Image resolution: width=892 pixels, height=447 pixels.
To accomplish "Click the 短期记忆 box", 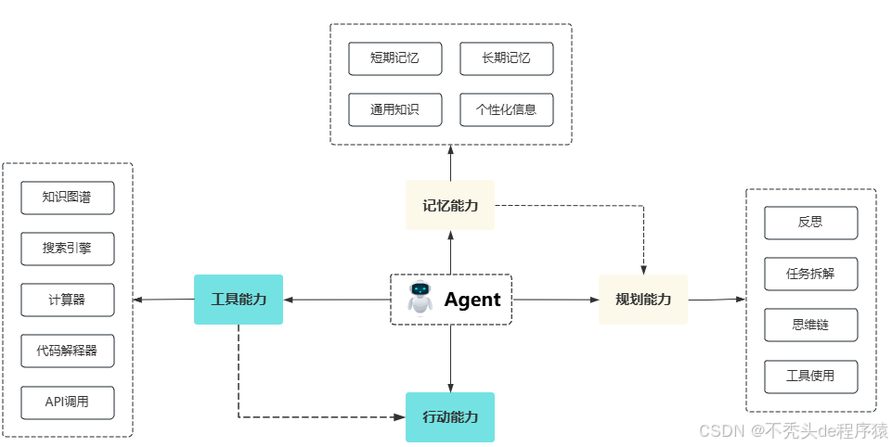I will (394, 58).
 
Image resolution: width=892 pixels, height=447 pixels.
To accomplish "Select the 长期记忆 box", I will (506, 58).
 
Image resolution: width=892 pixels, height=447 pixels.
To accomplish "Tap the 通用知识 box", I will (394, 109).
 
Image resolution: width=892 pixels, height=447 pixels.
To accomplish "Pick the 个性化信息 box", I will (506, 109).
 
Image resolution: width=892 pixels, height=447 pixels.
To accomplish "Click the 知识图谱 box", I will (68, 198).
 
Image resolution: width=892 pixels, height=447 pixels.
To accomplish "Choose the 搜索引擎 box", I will (68, 249).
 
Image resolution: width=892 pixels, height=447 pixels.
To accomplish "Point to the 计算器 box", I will (68, 300).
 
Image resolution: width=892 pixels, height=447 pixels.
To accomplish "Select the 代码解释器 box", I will (68, 351).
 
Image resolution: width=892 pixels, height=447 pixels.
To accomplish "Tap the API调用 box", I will (68, 402).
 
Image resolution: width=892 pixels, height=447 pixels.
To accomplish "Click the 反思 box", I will (810, 223).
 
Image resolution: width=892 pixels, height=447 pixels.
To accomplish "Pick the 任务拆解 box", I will (810, 274).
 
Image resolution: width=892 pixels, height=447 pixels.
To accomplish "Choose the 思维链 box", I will (810, 325).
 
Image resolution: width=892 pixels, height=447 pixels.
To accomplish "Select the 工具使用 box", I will (810, 376).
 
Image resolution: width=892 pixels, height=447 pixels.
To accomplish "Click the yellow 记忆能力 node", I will (450, 205).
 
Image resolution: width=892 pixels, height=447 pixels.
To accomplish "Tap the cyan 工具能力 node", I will (239, 300).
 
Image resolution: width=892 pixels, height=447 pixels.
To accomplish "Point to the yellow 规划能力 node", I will (643, 300).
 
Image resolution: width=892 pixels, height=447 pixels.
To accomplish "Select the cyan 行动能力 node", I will (450, 417).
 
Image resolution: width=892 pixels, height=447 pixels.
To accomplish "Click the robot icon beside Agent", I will (420, 299).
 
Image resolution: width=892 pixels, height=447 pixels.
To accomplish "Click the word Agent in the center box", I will (472, 300).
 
